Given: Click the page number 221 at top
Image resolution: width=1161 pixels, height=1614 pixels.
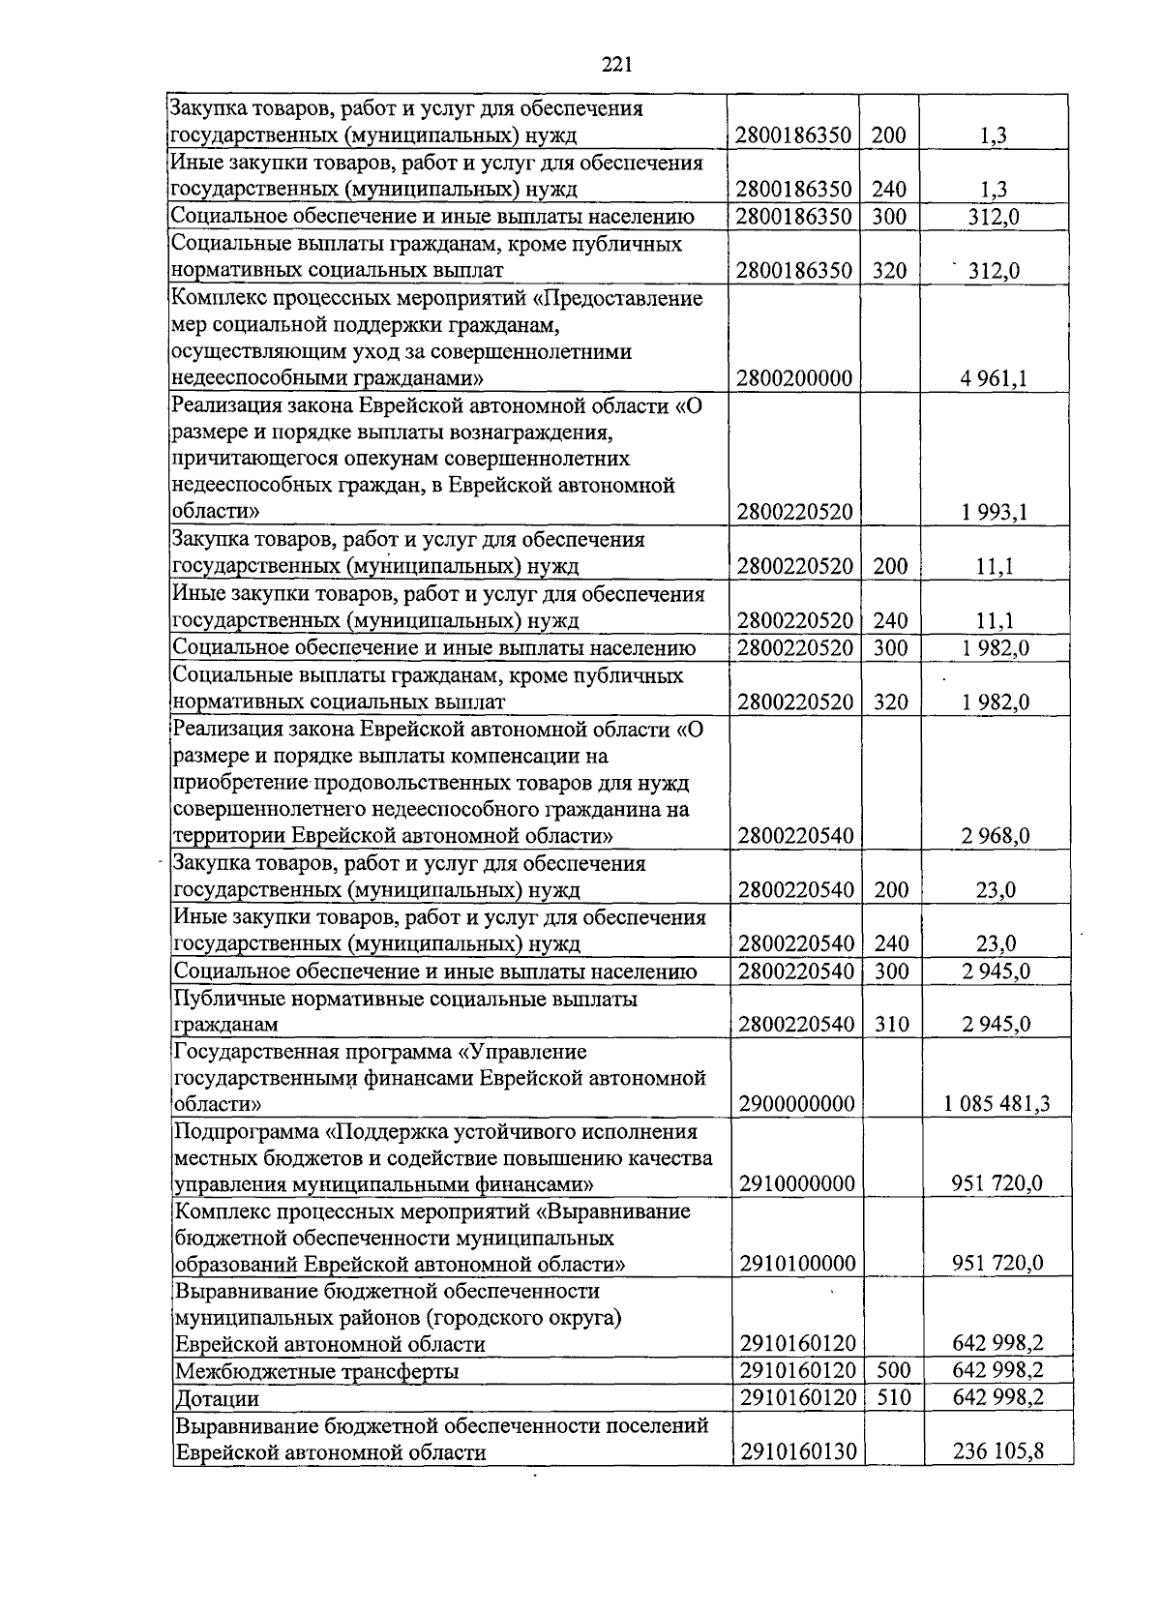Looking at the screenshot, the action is (616, 65).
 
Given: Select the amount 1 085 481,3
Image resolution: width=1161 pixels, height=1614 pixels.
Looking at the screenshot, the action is (997, 1104).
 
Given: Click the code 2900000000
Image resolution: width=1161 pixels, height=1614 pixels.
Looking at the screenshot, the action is (795, 1104).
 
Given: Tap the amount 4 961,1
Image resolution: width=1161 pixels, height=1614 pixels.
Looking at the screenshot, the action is (995, 377).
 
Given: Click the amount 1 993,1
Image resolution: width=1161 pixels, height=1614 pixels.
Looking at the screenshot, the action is (995, 511).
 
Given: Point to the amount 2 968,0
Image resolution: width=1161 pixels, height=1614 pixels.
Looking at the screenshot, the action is (995, 835).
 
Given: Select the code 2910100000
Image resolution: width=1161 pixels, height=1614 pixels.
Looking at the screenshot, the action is (795, 1264).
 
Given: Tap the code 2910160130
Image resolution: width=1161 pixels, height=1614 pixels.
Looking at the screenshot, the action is (795, 1452).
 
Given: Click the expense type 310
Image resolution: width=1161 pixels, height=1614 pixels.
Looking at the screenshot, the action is (890, 1024).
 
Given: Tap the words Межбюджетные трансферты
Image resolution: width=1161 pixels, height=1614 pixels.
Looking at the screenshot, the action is (315, 1372).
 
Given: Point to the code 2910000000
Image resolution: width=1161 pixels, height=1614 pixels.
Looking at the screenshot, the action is (795, 1183).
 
